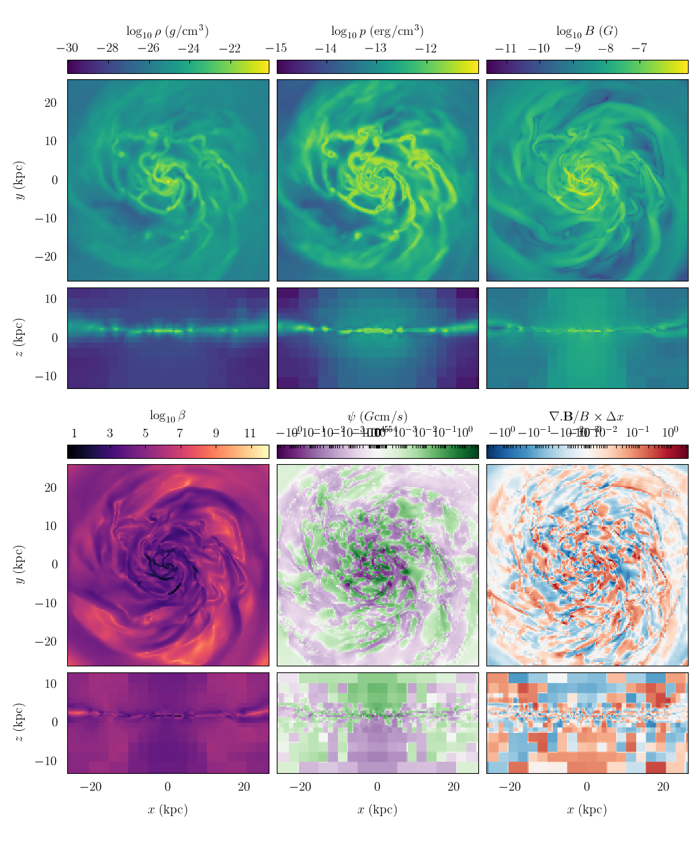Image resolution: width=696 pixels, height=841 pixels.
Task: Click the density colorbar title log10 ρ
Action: [x=167, y=31]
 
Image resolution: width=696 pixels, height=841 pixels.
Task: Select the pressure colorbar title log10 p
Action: [x=377, y=31]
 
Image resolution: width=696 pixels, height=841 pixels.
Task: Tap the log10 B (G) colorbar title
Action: [x=586, y=31]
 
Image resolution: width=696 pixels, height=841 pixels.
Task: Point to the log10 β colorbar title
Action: [x=167, y=416]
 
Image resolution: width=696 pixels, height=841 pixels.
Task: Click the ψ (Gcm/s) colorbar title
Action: [x=377, y=416]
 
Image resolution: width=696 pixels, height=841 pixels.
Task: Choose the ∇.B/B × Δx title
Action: [x=586, y=416]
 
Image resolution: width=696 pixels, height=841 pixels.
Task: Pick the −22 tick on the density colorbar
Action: [x=230, y=48]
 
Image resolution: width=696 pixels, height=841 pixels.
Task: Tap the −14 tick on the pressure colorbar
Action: [x=326, y=48]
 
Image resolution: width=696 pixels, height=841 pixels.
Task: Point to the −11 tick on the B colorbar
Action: [x=505, y=48]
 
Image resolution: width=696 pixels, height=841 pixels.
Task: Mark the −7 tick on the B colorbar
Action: [x=640, y=48]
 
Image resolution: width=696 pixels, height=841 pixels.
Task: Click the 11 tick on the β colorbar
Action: [x=250, y=433]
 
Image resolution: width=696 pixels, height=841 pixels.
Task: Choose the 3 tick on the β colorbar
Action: [x=110, y=433]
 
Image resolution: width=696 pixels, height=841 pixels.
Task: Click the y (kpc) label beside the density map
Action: [x=20, y=180]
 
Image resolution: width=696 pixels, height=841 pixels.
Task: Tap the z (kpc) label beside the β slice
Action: [x=20, y=723]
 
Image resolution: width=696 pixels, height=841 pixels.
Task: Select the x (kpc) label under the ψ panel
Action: [x=377, y=809]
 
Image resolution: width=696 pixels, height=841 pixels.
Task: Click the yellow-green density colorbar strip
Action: [x=168, y=67]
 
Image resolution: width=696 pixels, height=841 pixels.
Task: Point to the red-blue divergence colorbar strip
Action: [x=587, y=451]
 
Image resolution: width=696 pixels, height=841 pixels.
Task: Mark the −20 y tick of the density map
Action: [x=50, y=257]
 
